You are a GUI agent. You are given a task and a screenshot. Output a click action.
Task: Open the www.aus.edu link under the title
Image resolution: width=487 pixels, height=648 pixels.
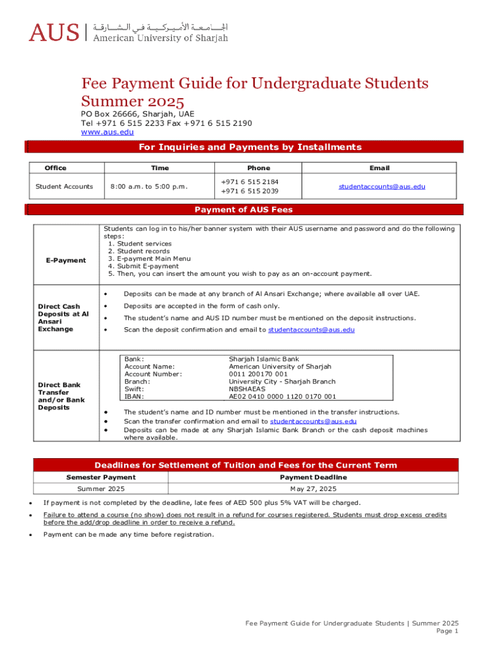point(107,132)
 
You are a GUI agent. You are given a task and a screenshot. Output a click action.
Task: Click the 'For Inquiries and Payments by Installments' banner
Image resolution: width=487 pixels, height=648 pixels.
point(250,147)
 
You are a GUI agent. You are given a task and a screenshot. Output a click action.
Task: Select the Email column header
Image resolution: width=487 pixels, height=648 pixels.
point(379,168)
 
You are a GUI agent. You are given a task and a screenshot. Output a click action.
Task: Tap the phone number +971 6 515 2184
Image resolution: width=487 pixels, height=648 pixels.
point(250,182)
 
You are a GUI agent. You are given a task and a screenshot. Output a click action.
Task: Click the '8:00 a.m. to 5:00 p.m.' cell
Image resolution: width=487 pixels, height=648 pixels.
point(149,187)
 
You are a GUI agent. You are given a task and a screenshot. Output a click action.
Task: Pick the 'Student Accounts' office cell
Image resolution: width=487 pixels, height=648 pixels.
point(65,187)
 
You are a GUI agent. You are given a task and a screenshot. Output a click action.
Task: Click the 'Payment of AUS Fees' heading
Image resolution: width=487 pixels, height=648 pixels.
point(244,209)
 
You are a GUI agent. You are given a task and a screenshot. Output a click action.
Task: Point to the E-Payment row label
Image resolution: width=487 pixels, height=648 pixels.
point(66,260)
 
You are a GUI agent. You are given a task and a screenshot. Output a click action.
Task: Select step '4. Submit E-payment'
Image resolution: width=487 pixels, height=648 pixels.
point(143,266)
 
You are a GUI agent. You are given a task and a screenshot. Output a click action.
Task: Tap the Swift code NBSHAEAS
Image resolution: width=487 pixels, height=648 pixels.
point(248,389)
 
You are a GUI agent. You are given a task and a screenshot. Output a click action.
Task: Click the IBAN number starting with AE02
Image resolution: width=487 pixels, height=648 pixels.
point(282,397)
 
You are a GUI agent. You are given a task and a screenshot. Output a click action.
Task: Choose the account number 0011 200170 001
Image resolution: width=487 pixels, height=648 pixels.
point(258,374)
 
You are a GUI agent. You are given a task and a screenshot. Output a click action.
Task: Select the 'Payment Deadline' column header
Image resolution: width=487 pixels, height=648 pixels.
point(313,477)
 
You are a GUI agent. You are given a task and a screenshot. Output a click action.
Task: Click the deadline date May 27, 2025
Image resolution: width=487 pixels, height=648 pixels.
point(313,489)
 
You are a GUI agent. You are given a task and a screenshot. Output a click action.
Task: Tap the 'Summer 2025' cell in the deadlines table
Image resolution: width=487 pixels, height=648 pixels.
point(101,489)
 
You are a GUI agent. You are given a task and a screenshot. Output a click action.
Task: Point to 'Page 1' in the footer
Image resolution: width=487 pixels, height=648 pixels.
point(447,631)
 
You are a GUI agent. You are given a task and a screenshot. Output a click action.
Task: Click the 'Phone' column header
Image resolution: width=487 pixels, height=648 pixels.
point(259,168)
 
